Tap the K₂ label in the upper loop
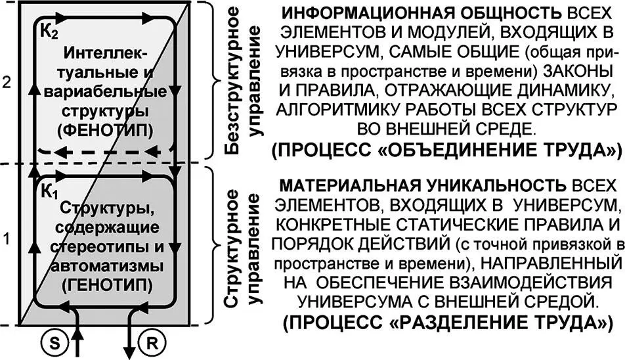tap(49, 31)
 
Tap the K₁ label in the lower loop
tap(49, 192)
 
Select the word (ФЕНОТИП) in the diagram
tap(107, 130)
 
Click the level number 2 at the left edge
tap(7, 82)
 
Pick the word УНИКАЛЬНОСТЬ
tap(496, 186)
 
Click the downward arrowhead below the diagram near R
tap(129, 351)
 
